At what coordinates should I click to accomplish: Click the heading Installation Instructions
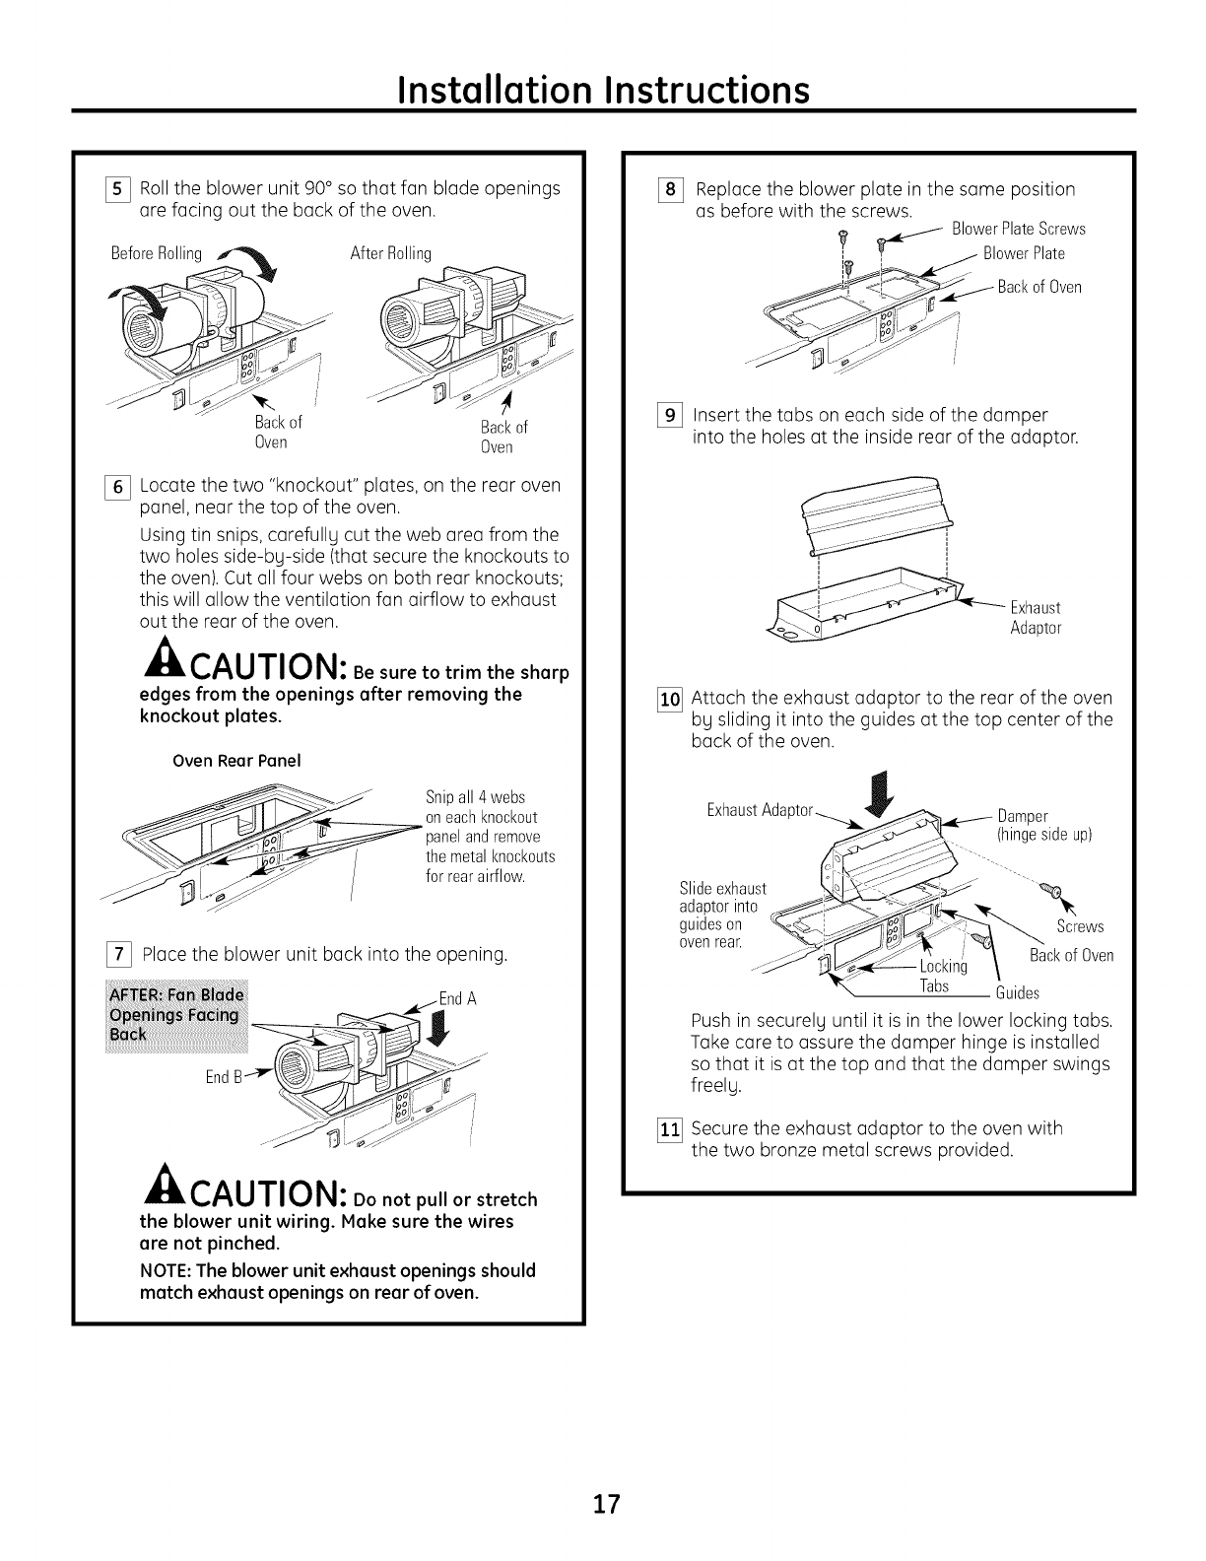click(603, 91)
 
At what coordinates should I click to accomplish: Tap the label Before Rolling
click(157, 253)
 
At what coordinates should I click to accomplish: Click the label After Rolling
click(391, 253)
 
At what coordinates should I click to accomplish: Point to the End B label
click(219, 1077)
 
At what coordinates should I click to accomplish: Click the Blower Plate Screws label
click(1018, 229)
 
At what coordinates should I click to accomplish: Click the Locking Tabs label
click(944, 976)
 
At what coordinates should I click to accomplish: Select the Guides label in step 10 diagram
click(1018, 992)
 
